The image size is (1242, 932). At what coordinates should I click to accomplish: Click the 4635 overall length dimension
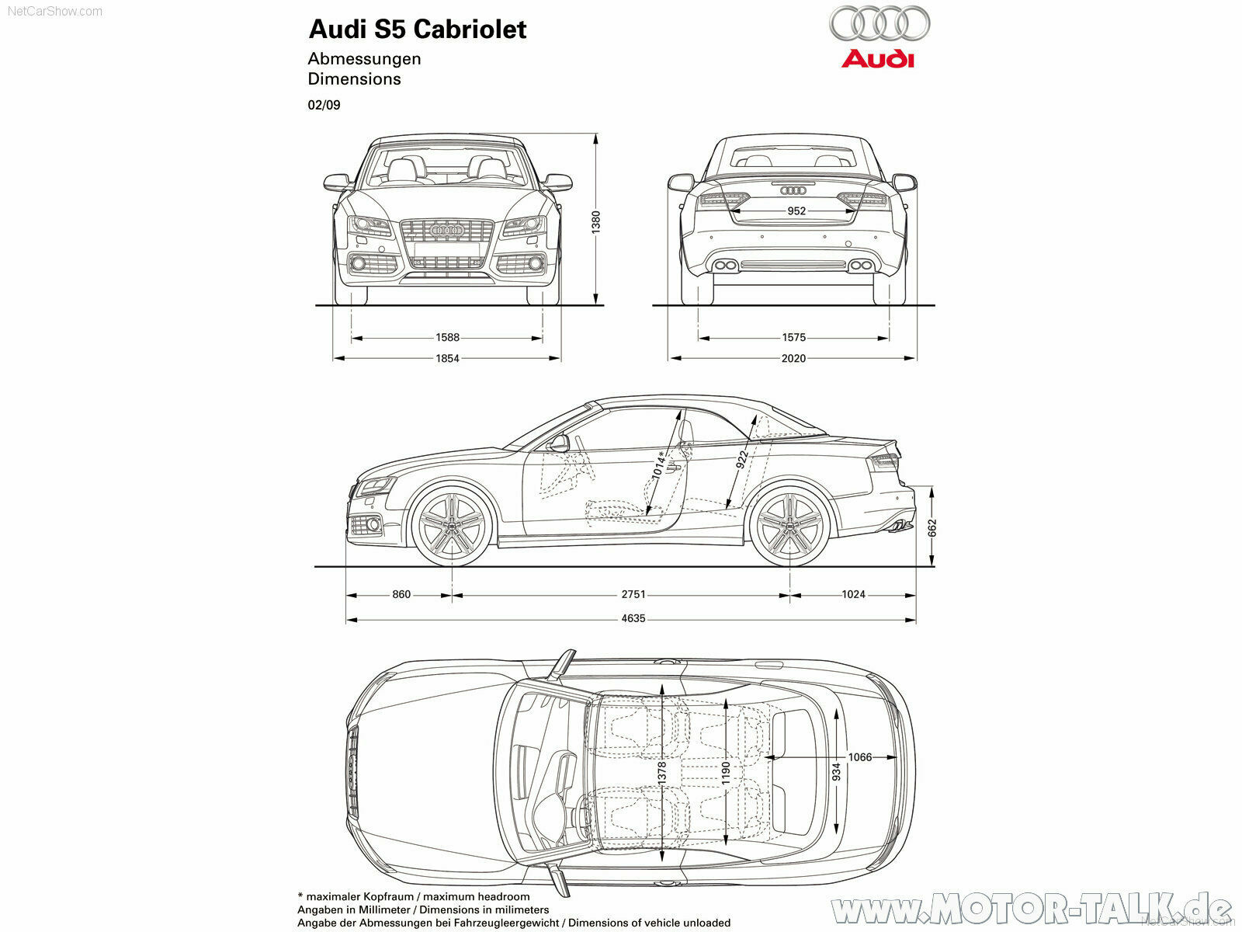(x=633, y=619)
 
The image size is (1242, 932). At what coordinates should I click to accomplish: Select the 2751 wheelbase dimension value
(x=633, y=594)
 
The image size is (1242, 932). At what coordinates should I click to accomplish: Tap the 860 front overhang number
(x=401, y=594)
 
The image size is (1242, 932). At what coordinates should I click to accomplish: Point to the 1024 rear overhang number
(x=853, y=594)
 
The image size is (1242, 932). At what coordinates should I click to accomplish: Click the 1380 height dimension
(x=596, y=222)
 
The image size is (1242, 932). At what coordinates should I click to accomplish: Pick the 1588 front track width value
(x=447, y=337)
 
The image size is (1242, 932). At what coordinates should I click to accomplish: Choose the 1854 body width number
(x=447, y=358)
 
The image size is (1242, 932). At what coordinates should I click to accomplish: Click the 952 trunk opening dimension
(x=796, y=210)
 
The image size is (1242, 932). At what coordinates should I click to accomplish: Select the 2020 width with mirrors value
(x=793, y=358)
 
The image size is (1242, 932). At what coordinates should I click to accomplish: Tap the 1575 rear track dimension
(x=793, y=337)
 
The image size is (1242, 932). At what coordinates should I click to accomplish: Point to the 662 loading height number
(x=932, y=528)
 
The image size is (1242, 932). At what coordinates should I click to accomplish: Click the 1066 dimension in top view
(x=859, y=757)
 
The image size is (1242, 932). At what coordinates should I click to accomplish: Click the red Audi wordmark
(x=878, y=58)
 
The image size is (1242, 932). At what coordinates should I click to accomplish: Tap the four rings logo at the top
(x=879, y=23)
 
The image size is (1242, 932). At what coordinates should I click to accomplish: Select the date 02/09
(x=324, y=105)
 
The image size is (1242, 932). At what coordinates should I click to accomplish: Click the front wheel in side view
(x=451, y=525)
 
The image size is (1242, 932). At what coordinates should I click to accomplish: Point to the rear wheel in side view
(x=790, y=525)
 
